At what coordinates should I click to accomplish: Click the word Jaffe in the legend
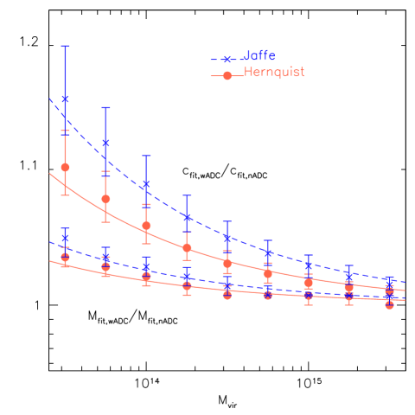[x=259, y=55]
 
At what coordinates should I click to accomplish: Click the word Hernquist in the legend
[x=274, y=73]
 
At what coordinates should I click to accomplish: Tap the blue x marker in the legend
[x=227, y=59]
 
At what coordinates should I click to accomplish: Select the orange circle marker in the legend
[x=227, y=76]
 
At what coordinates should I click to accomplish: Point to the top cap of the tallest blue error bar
[x=65, y=46]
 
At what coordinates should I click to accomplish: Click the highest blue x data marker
[x=65, y=99]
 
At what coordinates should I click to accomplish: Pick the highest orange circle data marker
[x=65, y=167]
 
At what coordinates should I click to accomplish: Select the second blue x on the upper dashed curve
[x=105, y=143]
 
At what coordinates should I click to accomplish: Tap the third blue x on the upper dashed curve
[x=146, y=184]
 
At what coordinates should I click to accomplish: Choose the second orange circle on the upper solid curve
[x=105, y=199]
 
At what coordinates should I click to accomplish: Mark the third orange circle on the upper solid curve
[x=146, y=226]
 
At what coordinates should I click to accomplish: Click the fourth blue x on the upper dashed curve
[x=187, y=217]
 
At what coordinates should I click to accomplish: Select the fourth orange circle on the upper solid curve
[x=187, y=248]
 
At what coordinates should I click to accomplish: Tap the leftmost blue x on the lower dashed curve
[x=65, y=239]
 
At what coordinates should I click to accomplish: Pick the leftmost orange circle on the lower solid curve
[x=65, y=257]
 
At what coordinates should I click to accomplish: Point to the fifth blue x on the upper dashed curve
[x=227, y=238]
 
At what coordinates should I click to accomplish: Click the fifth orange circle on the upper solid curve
[x=227, y=263]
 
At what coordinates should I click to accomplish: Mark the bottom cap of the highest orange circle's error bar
[x=65, y=195]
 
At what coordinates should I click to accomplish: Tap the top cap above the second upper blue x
[x=105, y=107]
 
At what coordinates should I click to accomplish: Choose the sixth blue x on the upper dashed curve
[x=268, y=253]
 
